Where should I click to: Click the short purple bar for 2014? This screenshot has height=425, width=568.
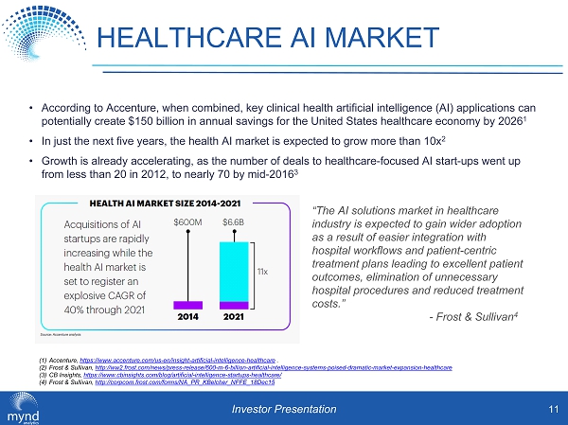point(188,305)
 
